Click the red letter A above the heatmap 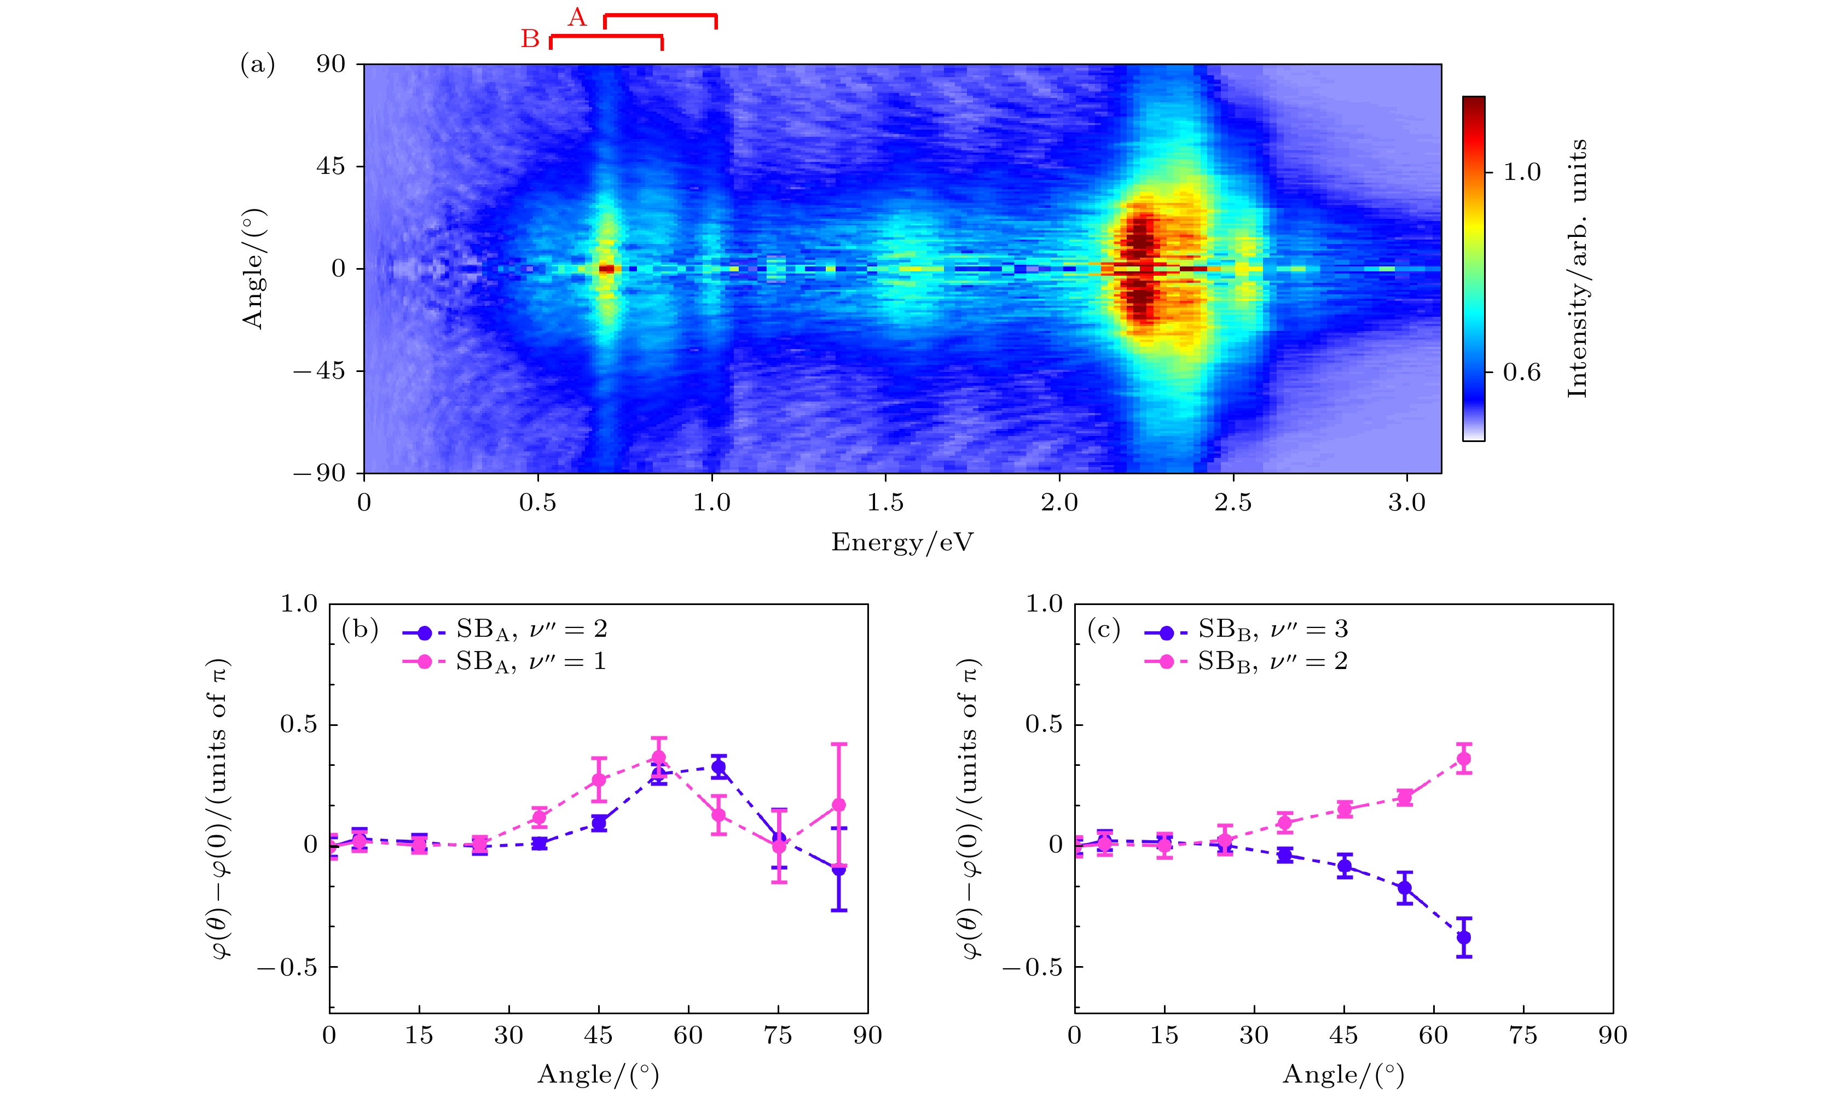click(577, 17)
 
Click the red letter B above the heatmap click(530, 38)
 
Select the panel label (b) click(360, 630)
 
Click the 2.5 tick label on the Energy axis click(1233, 503)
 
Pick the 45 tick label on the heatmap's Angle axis click(331, 166)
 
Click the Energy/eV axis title click(902, 543)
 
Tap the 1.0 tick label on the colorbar click(1522, 172)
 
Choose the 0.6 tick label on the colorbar click(1522, 373)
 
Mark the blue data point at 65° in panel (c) click(1463, 938)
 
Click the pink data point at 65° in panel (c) click(1463, 759)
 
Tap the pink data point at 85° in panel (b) click(839, 805)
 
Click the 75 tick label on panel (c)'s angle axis click(1523, 1036)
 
